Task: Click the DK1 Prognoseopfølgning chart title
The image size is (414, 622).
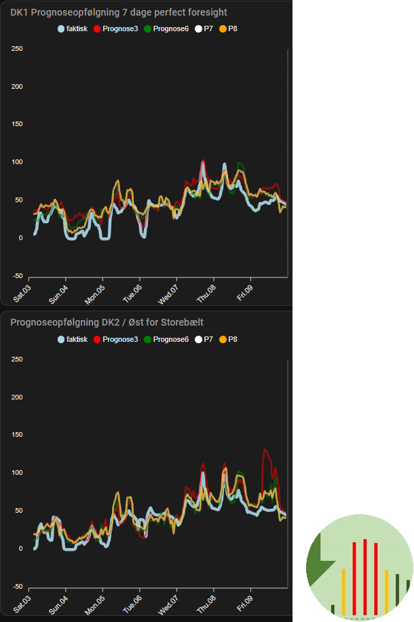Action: pyautogui.click(x=118, y=12)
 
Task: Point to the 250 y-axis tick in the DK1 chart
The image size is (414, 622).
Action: pyautogui.click(x=17, y=49)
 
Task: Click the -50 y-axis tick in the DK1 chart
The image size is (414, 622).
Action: pyautogui.click(x=17, y=276)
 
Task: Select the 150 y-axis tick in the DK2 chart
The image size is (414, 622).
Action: pyautogui.click(x=17, y=435)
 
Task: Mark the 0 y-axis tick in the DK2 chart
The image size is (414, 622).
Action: pyautogui.click(x=20, y=548)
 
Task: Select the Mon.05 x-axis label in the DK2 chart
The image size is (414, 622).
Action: pyautogui.click(x=96, y=600)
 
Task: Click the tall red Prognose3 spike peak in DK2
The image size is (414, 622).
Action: pyautogui.click(x=265, y=450)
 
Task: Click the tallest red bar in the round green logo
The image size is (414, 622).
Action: pyautogui.click(x=365, y=577)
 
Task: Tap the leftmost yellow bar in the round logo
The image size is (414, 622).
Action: pyautogui.click(x=343, y=593)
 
